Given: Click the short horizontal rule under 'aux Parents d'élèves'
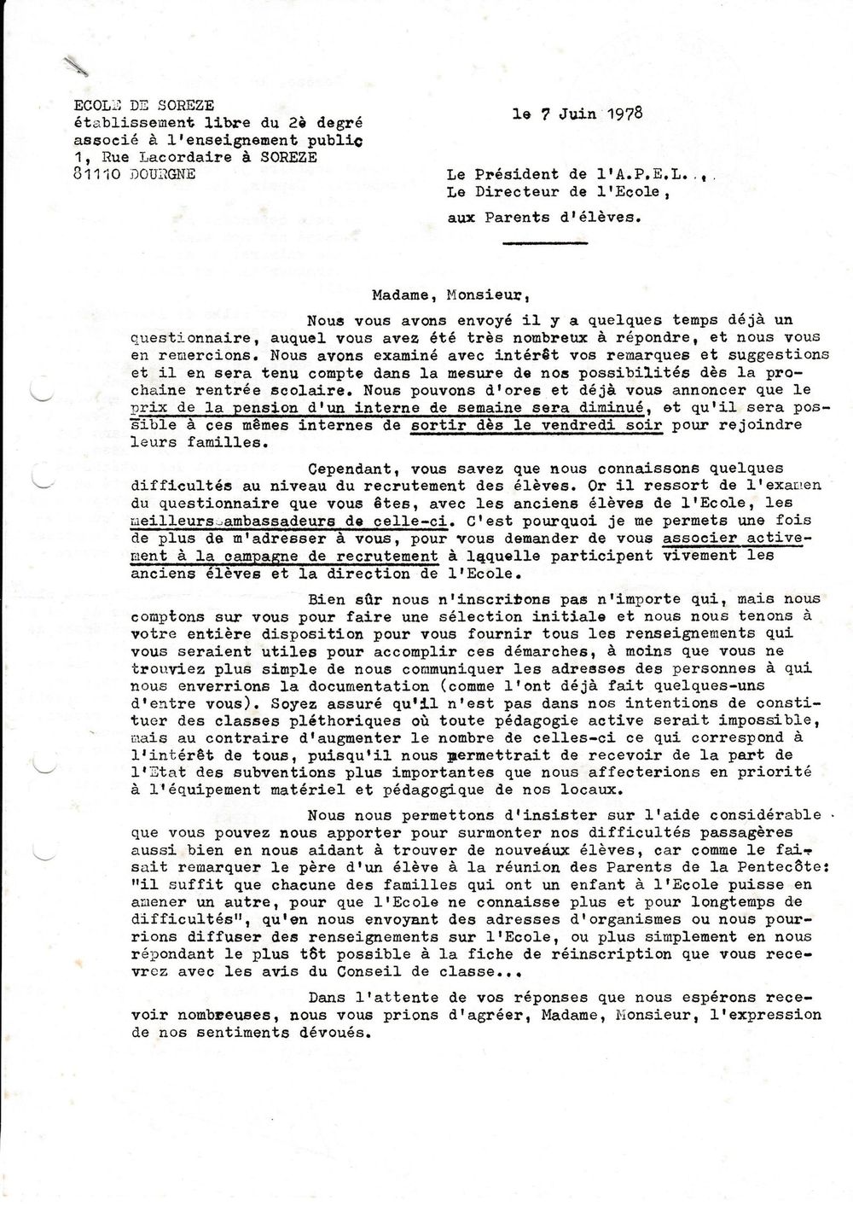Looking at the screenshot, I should tap(544, 244).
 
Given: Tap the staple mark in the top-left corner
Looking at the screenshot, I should tap(76, 62).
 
